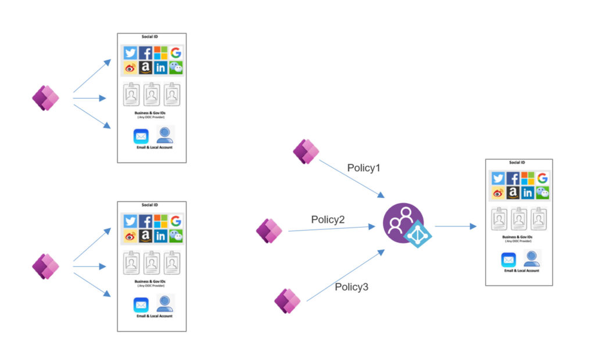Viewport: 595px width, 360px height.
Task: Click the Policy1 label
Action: click(x=363, y=168)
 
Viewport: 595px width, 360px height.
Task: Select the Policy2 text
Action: click(x=328, y=219)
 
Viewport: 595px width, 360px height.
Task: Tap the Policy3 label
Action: click(x=352, y=287)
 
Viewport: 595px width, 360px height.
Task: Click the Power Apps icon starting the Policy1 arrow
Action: click(x=306, y=152)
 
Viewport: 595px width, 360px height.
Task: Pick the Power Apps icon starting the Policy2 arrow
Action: click(x=269, y=231)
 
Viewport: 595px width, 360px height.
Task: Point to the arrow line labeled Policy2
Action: click(x=331, y=229)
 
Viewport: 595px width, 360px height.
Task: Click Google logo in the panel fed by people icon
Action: click(x=542, y=179)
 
